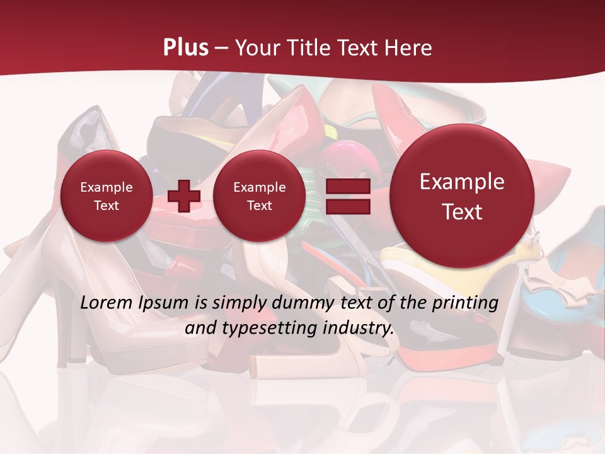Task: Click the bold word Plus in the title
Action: pyautogui.click(x=186, y=48)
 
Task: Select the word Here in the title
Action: pyautogui.click(x=410, y=48)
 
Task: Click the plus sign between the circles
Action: pyautogui.click(x=184, y=196)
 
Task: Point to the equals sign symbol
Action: pyautogui.click(x=347, y=196)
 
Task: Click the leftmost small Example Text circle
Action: pyautogui.click(x=106, y=196)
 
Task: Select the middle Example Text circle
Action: pyautogui.click(x=259, y=196)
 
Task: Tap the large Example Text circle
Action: pyautogui.click(x=462, y=196)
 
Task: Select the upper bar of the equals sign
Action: pyautogui.click(x=347, y=187)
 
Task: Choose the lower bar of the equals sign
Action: pyautogui.click(x=347, y=207)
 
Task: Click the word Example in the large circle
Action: pyautogui.click(x=462, y=182)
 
